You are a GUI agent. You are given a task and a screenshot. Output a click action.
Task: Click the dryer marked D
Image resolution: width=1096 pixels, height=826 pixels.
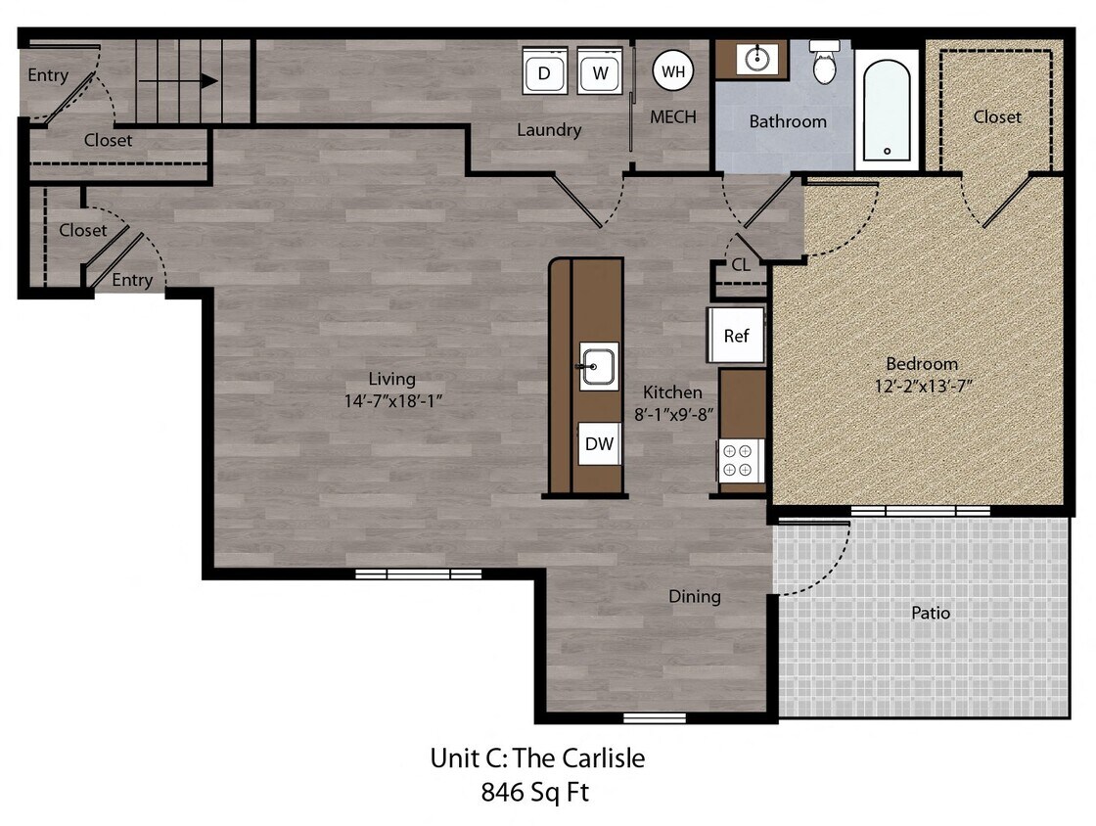click(544, 72)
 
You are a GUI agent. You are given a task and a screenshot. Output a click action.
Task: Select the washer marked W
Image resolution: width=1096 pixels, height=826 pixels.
click(600, 72)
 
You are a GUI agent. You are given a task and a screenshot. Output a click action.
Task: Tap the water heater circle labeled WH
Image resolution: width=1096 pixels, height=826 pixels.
click(673, 71)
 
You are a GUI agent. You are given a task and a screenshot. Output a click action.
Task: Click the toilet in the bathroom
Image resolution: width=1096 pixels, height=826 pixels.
click(825, 64)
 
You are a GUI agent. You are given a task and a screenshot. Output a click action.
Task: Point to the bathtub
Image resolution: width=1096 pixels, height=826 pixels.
click(887, 108)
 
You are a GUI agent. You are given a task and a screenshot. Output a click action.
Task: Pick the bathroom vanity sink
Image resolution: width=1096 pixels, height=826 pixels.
click(756, 60)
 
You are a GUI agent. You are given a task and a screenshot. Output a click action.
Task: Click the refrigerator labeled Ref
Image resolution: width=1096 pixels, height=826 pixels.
click(736, 336)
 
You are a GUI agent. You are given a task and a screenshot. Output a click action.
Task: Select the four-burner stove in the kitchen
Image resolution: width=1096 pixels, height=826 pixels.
click(741, 461)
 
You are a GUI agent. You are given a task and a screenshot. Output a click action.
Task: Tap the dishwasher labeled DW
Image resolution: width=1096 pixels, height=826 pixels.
click(599, 444)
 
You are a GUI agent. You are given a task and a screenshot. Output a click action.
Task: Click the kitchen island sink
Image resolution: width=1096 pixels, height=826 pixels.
click(598, 366)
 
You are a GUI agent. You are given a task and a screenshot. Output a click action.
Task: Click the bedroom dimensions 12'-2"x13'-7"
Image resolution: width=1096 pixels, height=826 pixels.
click(922, 386)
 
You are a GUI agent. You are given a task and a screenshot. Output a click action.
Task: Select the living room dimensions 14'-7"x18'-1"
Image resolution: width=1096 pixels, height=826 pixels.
click(391, 401)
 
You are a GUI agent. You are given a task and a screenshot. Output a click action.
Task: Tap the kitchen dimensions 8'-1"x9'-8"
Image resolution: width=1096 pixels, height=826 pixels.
click(672, 413)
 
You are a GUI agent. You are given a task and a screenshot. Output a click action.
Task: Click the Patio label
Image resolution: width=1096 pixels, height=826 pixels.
click(930, 613)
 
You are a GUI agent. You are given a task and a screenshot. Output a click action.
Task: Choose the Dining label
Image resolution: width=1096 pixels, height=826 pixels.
click(694, 596)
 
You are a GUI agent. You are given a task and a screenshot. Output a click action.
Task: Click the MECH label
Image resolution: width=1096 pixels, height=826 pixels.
click(673, 117)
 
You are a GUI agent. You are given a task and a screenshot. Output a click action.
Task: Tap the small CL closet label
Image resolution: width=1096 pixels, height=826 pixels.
click(741, 264)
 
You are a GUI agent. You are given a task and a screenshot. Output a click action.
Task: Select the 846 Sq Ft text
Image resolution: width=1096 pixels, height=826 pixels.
click(535, 792)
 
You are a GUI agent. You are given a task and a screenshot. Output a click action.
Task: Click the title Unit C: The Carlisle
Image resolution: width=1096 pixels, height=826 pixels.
click(537, 757)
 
